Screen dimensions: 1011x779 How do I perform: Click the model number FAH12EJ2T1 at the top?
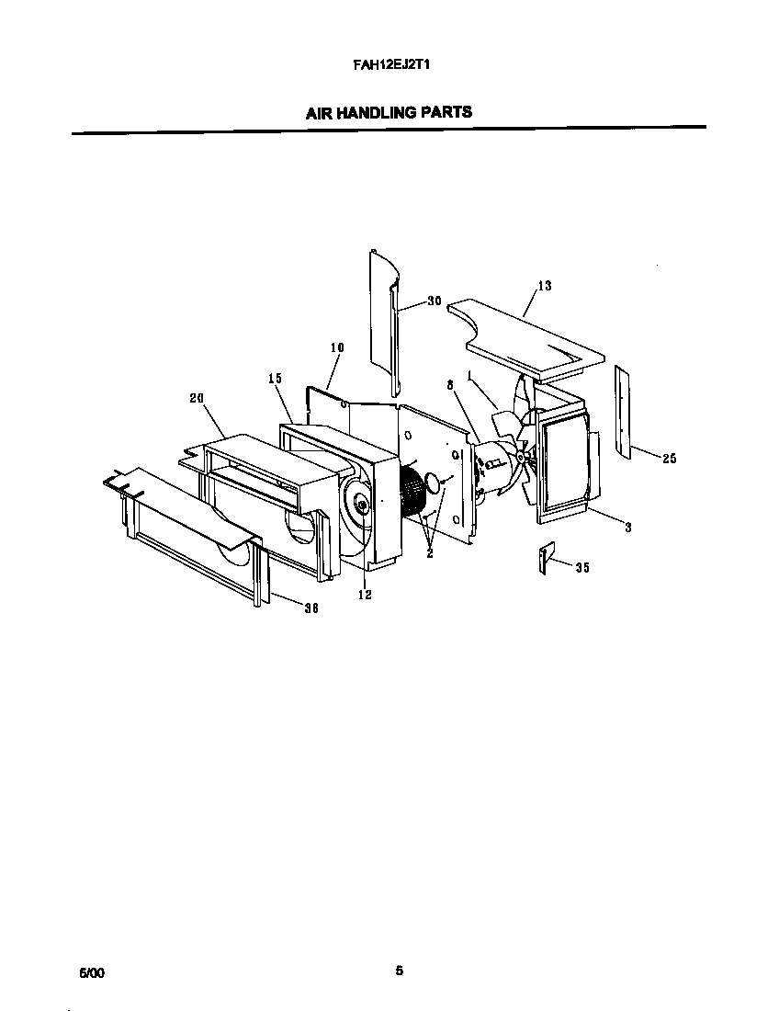click(x=389, y=66)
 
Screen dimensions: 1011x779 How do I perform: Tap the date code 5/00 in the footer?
click(x=92, y=971)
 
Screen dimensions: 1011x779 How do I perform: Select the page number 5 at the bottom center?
click(x=399, y=971)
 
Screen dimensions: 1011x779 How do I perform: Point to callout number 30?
click(x=435, y=301)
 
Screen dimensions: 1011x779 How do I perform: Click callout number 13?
click(x=544, y=286)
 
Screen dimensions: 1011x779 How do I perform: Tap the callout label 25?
click(x=669, y=458)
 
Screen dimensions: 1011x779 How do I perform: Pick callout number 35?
click(x=581, y=567)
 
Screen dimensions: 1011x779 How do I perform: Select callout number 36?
click(x=310, y=608)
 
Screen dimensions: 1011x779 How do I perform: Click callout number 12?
click(x=364, y=596)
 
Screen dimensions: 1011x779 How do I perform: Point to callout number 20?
click(x=195, y=398)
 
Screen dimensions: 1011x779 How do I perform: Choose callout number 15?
click(x=274, y=379)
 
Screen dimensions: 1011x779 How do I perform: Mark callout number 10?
click(x=336, y=347)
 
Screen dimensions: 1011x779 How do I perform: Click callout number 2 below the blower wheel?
click(x=429, y=553)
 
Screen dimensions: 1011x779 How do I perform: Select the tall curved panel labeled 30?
click(x=384, y=322)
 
